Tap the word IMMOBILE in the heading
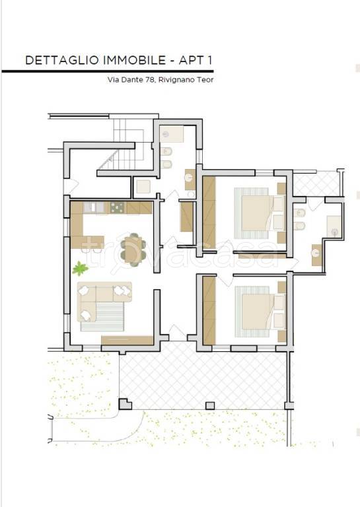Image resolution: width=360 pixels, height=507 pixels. (x=134, y=61)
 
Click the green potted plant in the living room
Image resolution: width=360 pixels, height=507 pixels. (x=80, y=269)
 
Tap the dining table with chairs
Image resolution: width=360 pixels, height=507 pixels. (x=131, y=250)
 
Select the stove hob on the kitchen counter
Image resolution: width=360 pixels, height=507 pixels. (x=117, y=207)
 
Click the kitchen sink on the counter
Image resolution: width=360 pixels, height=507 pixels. (x=94, y=207)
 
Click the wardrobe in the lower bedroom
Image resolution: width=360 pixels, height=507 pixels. (x=209, y=310)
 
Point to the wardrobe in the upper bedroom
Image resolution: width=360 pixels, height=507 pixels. (x=209, y=213)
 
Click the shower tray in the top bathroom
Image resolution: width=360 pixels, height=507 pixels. (x=172, y=133)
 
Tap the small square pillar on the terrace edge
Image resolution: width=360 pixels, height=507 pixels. (x=210, y=405)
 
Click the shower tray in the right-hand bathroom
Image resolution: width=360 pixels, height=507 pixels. (x=334, y=226)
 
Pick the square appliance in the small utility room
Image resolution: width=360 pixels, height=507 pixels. (x=143, y=187)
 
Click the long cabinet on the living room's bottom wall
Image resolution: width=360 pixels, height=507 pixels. (x=127, y=341)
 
